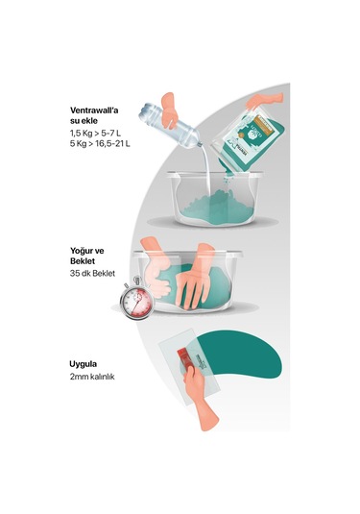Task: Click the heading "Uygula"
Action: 85,365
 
